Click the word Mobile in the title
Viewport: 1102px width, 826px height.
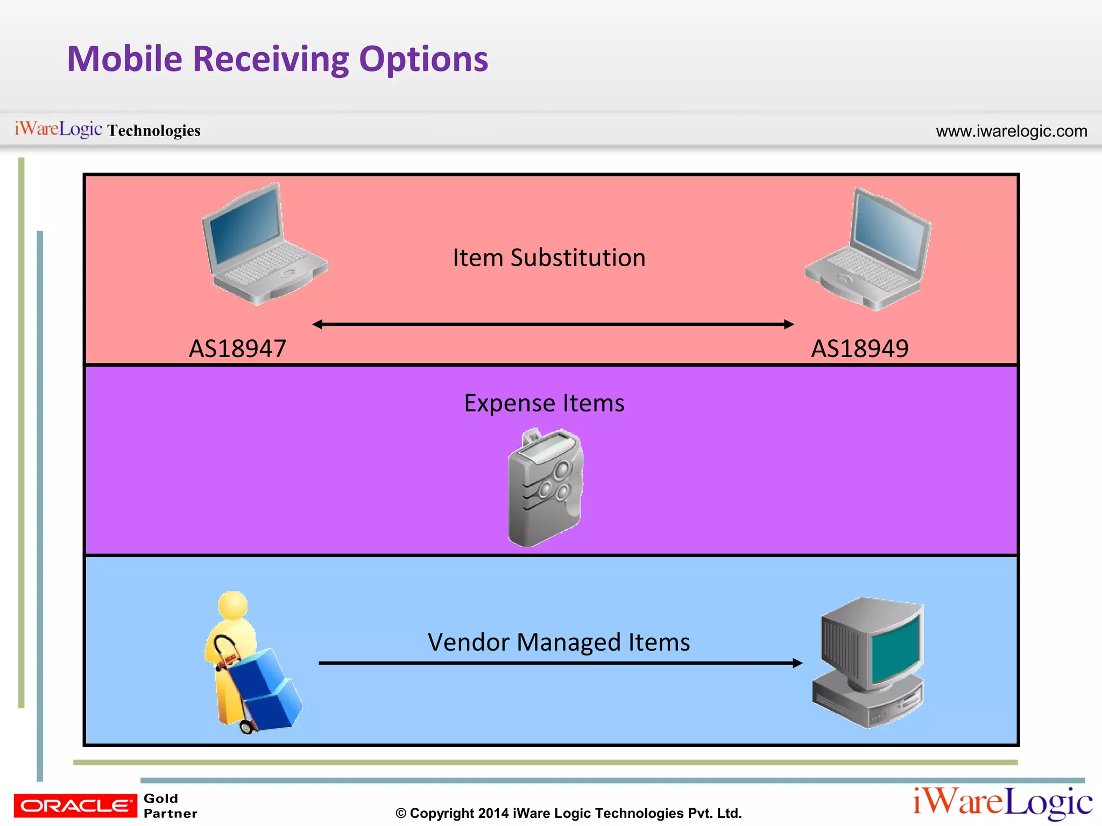tap(125, 59)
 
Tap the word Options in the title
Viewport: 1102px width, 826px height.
tap(423, 59)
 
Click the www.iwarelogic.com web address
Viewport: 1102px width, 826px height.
tap(1011, 131)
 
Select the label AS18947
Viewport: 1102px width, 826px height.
tap(237, 348)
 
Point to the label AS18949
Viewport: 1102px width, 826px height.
tap(859, 348)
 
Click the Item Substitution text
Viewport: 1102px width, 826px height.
tap(549, 258)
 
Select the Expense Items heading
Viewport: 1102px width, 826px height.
tap(544, 403)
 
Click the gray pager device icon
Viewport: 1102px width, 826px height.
tap(545, 487)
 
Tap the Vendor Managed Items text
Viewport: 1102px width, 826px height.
tap(559, 642)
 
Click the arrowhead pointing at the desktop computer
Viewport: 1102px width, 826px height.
tap(797, 663)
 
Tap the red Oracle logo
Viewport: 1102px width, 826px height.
tap(75, 806)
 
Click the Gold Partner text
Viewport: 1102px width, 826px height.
tap(169, 806)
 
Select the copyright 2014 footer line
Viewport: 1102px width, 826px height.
tap(568, 813)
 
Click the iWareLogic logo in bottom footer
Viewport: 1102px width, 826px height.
tap(1002, 802)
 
